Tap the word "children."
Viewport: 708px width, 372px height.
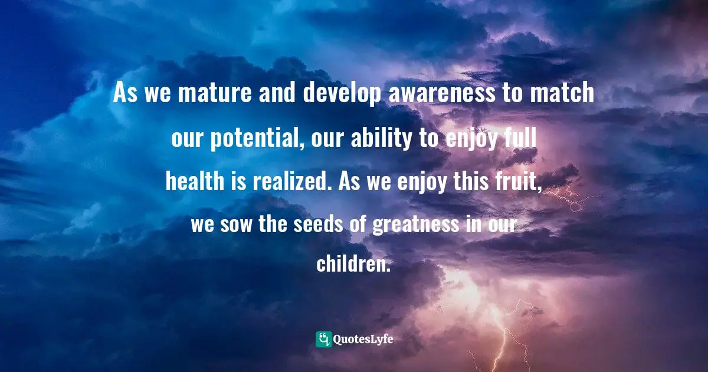[353, 264]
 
